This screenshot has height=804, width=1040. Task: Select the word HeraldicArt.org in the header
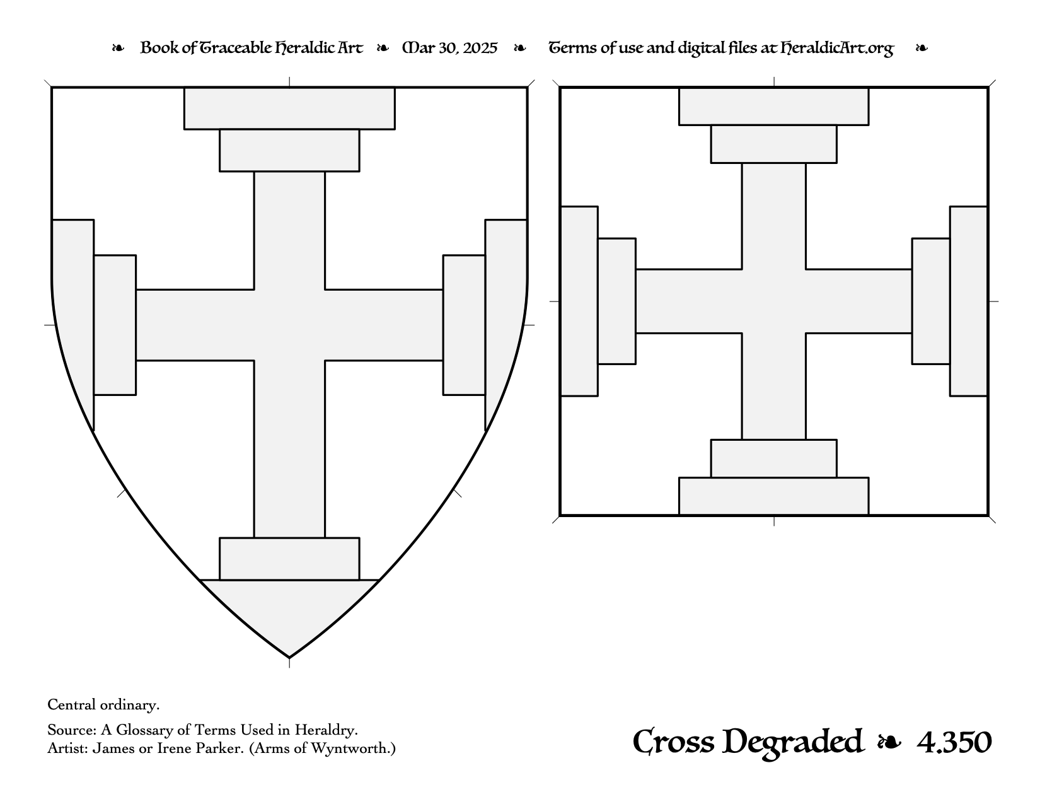pyautogui.click(x=837, y=49)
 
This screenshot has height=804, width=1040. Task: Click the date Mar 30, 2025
pyautogui.click(x=450, y=48)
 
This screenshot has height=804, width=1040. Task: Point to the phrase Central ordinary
pyautogui.click(x=103, y=705)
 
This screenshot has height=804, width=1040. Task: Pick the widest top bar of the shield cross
pyautogui.click(x=289, y=108)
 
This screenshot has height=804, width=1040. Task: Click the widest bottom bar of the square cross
pyautogui.click(x=773, y=496)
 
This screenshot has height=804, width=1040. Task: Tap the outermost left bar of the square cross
pyautogui.click(x=579, y=301)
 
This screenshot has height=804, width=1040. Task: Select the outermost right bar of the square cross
pyautogui.click(x=969, y=301)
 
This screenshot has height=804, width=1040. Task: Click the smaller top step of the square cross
pyautogui.click(x=773, y=144)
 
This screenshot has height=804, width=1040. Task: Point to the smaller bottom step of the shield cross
pyautogui.click(x=289, y=559)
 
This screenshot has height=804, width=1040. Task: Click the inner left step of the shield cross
pyautogui.click(x=115, y=325)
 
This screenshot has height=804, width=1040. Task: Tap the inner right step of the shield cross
pyautogui.click(x=465, y=325)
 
